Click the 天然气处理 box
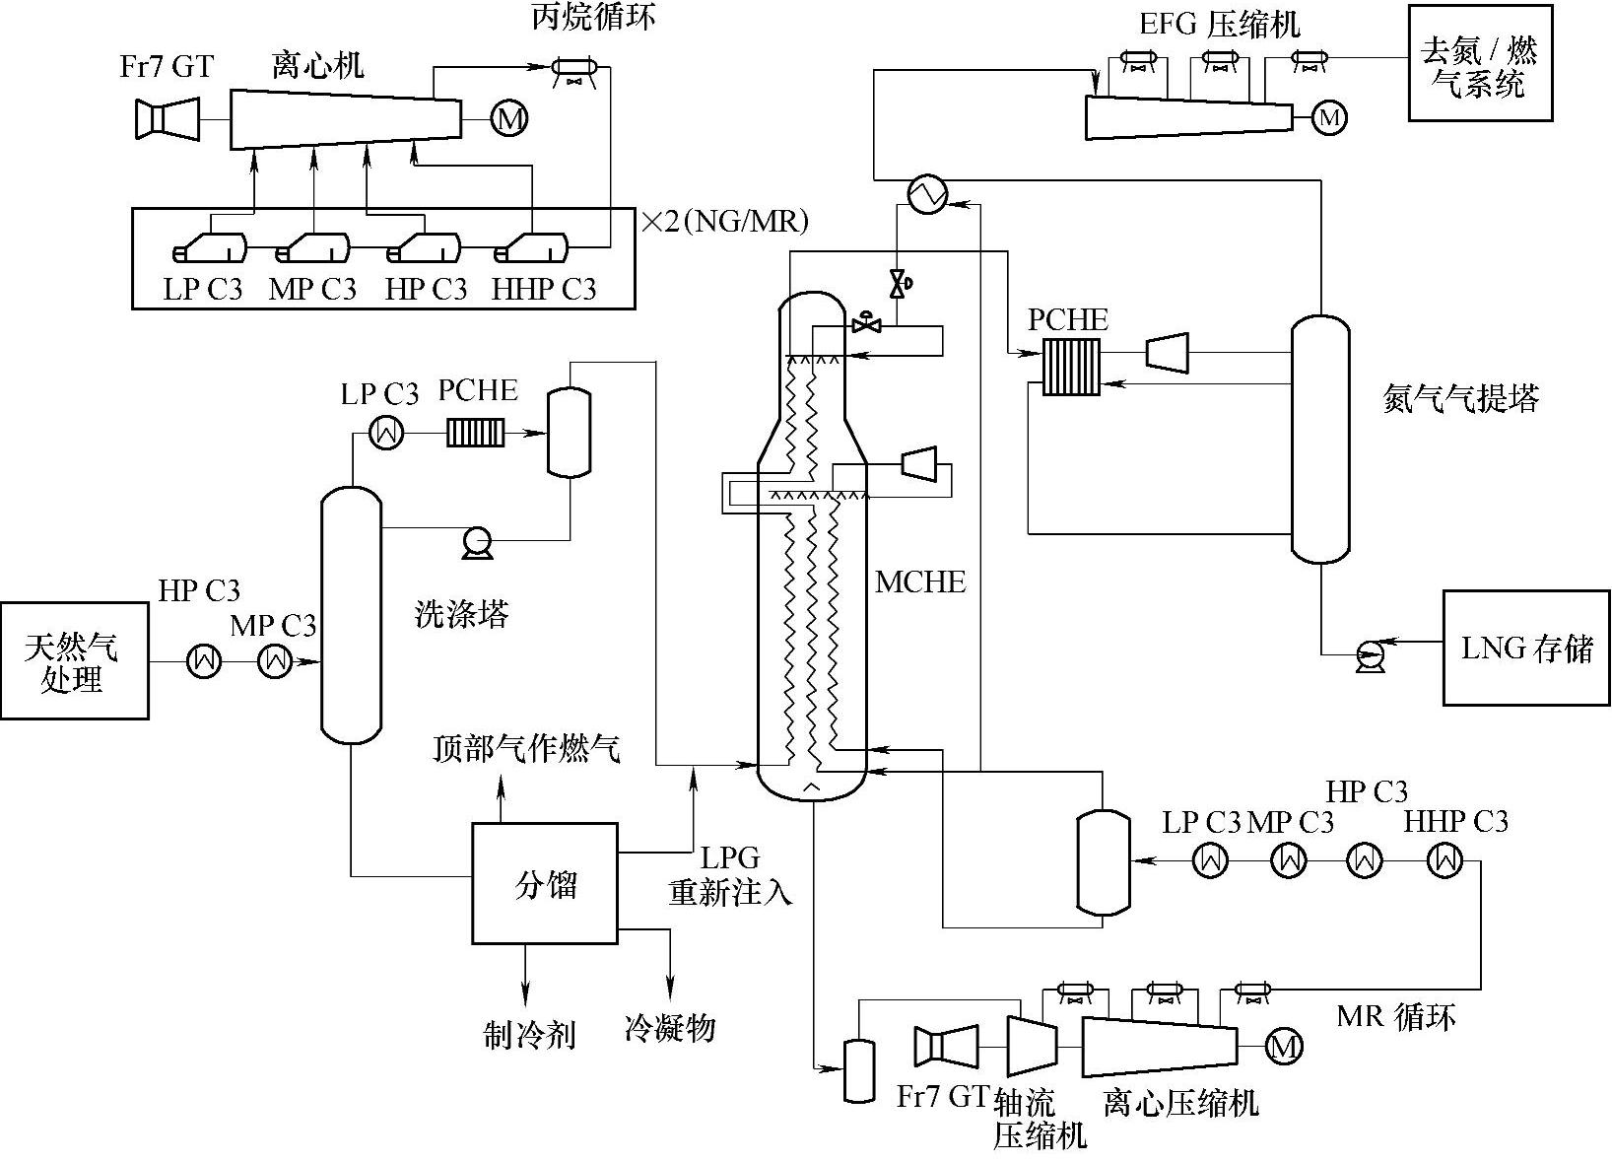click(75, 660)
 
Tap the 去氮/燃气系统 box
click(1480, 63)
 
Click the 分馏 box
click(545, 883)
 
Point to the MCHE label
click(920, 582)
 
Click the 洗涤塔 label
click(461, 615)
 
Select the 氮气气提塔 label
click(1461, 398)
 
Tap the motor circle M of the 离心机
click(509, 119)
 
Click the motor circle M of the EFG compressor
click(1330, 118)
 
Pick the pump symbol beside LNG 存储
click(1370, 654)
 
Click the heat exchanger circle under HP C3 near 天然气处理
click(204, 660)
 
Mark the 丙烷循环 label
click(593, 19)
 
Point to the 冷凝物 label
click(669, 1029)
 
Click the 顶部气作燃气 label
click(527, 750)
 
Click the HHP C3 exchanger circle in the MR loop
click(1445, 860)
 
